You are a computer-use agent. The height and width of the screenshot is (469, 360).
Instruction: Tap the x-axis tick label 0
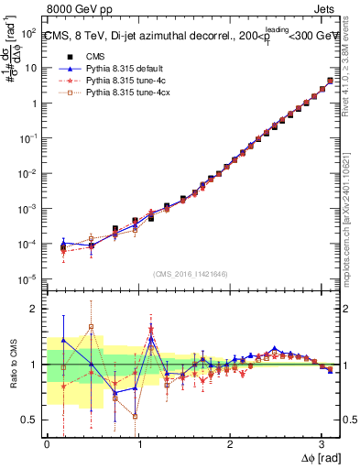click(47, 443)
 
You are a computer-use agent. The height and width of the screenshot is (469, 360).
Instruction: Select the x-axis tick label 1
click(138, 443)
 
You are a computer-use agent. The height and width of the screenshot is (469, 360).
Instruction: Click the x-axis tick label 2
click(230, 443)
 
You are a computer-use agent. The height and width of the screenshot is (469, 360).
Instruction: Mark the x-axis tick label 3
click(321, 443)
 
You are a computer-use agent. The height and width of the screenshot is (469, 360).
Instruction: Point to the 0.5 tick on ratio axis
click(29, 420)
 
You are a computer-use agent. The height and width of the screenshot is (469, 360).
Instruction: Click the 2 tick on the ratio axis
click(34, 309)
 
